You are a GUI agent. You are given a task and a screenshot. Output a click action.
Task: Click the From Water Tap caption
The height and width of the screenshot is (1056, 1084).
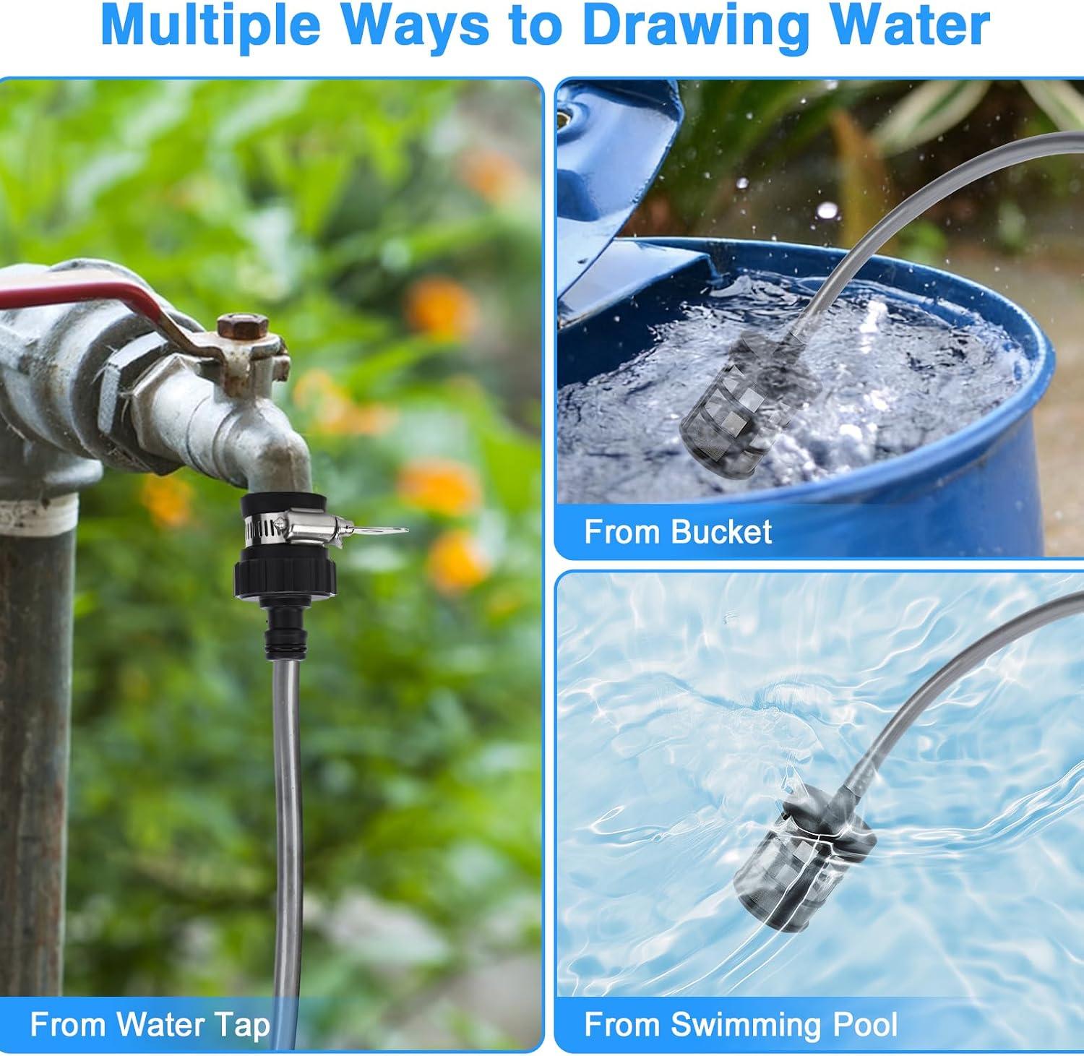[x=150, y=1024]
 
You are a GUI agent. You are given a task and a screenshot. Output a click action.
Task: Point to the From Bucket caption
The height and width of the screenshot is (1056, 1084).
[x=678, y=532]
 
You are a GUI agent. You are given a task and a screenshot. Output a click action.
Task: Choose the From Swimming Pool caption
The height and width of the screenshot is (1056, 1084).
[x=741, y=1024]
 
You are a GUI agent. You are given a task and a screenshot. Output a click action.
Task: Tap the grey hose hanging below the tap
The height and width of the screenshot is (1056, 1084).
[x=287, y=831]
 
